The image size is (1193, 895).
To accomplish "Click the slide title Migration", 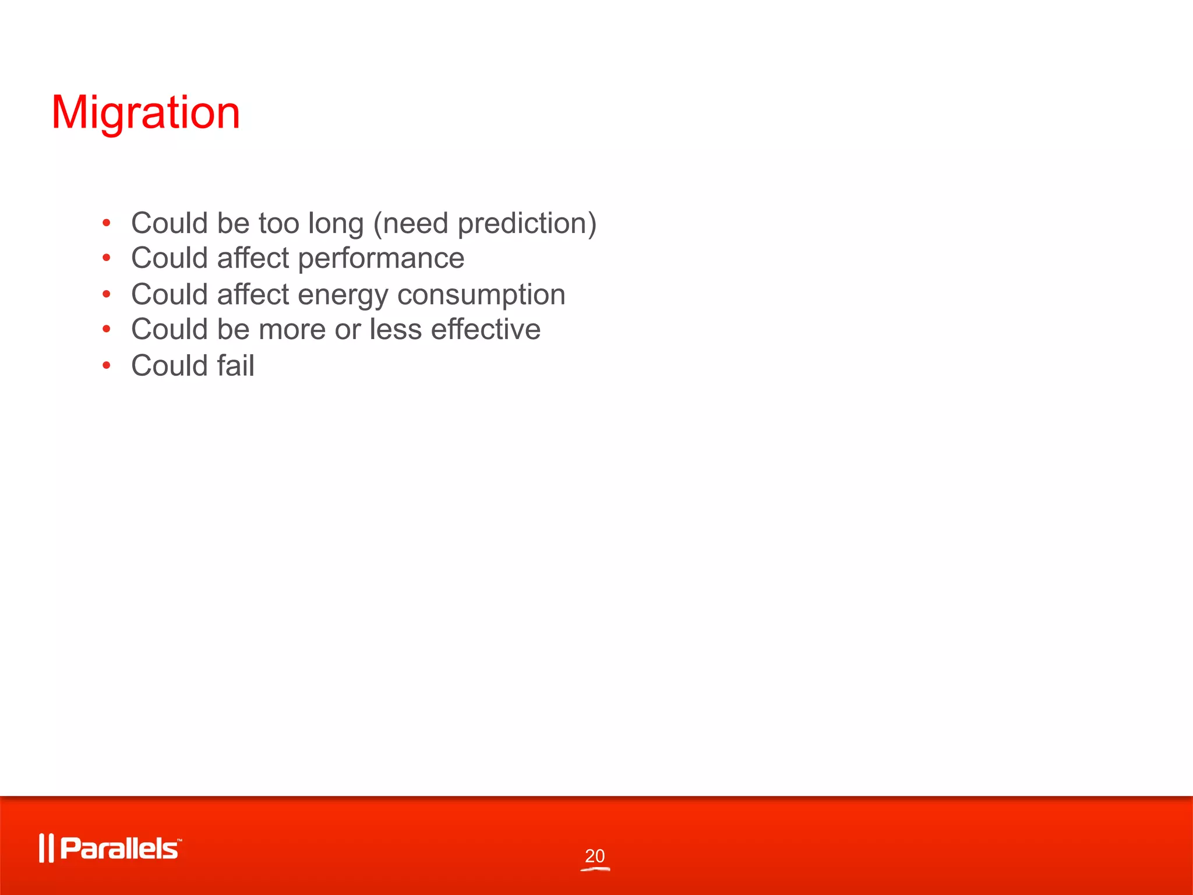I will pyautogui.click(x=146, y=112).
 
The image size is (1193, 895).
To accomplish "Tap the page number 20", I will pyautogui.click(x=595, y=856).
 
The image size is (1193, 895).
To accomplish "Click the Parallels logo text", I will pyautogui.click(x=119, y=848).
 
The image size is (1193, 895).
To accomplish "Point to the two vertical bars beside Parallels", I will pyautogui.click(x=46, y=848).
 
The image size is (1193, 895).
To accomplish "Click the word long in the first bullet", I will pyautogui.click(x=336, y=224).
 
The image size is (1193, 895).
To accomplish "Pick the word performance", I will pyautogui.click(x=381, y=259).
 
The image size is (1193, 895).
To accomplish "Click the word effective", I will pyautogui.click(x=485, y=329).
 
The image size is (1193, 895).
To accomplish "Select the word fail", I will pyautogui.click(x=235, y=365).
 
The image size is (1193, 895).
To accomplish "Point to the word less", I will pyautogui.click(x=396, y=329).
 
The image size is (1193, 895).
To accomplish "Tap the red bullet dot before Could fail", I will pyautogui.click(x=106, y=365).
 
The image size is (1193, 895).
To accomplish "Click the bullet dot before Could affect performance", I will pyautogui.click(x=106, y=258).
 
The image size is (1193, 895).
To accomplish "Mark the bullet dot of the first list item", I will pyautogui.click(x=106, y=223).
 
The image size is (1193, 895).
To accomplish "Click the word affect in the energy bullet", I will pyautogui.click(x=253, y=294).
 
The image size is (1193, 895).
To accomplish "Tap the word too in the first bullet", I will pyautogui.click(x=278, y=223).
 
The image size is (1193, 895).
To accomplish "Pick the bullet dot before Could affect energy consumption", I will pyautogui.click(x=106, y=294).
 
